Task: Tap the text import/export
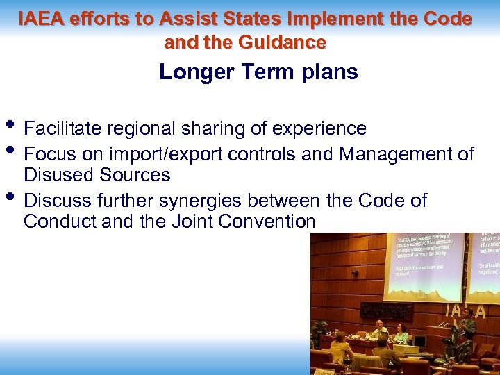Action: (x=174, y=153)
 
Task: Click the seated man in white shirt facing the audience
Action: (x=378, y=331)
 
